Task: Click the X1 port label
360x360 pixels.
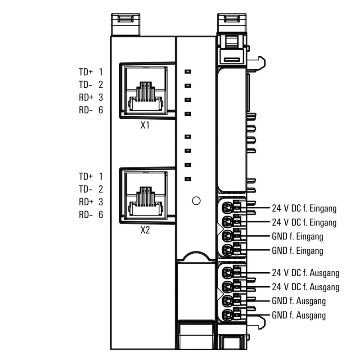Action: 144,125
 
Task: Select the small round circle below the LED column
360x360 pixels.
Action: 196,201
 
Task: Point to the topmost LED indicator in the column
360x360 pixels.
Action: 188,71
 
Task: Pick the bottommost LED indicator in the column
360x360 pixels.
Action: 188,179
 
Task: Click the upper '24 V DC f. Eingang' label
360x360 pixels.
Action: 304,208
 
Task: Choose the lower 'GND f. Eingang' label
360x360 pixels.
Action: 297,250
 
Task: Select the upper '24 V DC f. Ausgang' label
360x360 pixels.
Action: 305,273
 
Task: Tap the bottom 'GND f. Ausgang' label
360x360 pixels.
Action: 299,315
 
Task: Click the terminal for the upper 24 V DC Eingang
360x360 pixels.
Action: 229,208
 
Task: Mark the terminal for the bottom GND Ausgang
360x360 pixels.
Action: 229,315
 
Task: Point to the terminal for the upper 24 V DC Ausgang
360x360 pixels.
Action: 229,273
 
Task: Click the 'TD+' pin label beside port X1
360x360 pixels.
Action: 85,72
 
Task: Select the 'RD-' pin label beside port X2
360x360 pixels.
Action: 85,215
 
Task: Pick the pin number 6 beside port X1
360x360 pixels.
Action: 100,110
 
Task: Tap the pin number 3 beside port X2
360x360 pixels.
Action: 100,202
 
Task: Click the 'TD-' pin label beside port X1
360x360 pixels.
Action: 85,85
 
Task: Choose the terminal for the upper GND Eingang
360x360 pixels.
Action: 229,236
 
